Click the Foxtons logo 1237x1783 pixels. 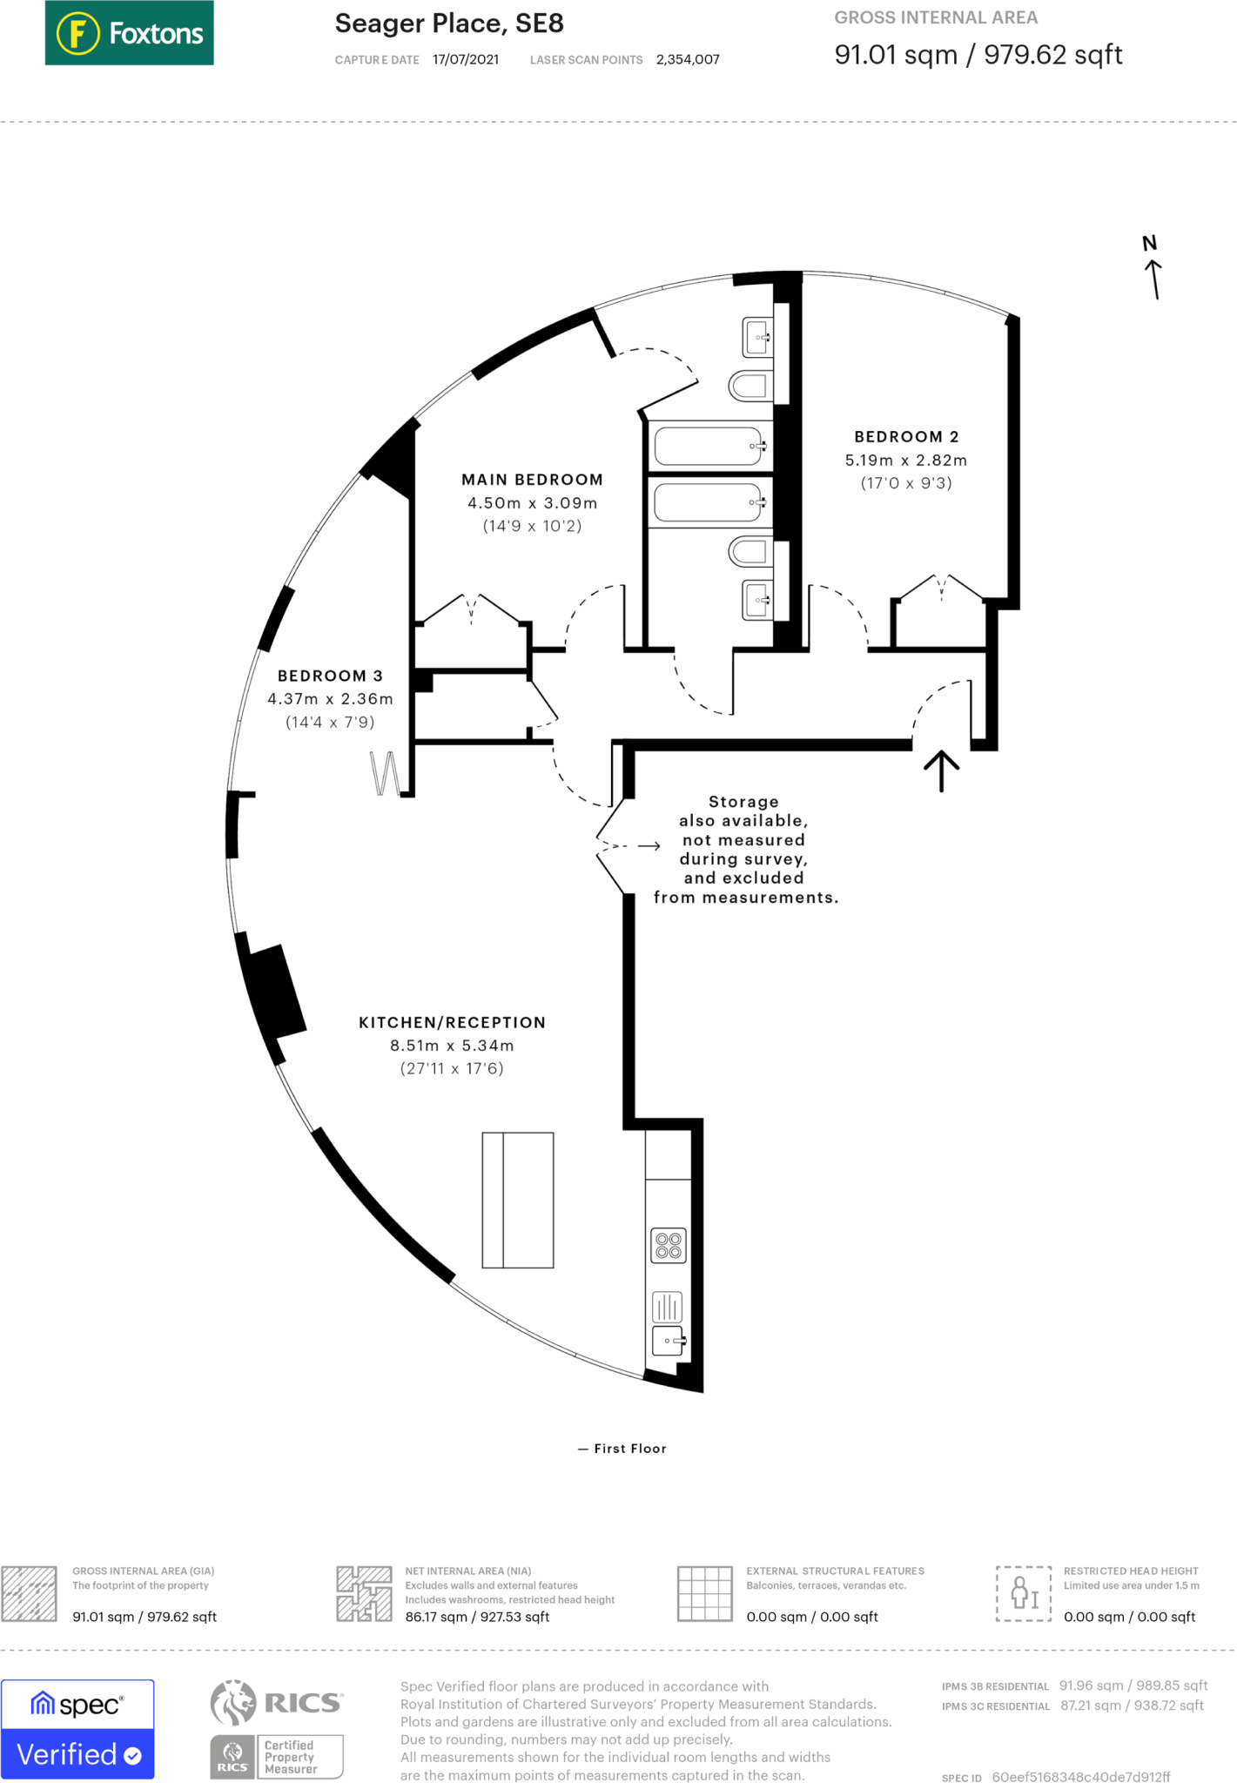pyautogui.click(x=129, y=33)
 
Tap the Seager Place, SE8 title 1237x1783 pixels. pyautogui.click(x=449, y=24)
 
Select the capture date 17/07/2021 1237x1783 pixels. pyautogui.click(x=466, y=60)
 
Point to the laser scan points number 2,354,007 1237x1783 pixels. pyautogui.click(x=688, y=60)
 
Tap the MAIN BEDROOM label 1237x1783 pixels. pyautogui.click(x=532, y=480)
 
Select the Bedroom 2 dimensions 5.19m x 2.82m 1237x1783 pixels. pyautogui.click(x=905, y=461)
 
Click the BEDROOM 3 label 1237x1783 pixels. pyautogui.click(x=330, y=676)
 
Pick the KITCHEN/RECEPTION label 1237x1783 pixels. pyautogui.click(x=452, y=1022)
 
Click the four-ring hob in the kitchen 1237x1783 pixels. pyautogui.click(x=669, y=1245)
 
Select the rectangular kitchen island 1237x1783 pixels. pyautogui.click(x=518, y=1200)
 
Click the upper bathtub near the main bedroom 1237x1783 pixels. pyautogui.click(x=709, y=447)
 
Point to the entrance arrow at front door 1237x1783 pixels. pyautogui.click(x=941, y=770)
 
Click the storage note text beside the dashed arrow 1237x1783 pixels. pyautogui.click(x=745, y=849)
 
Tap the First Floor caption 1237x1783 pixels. pyautogui.click(x=622, y=1449)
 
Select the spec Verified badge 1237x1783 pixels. pyautogui.click(x=77, y=1729)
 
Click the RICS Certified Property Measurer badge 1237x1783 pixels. pyautogui.click(x=277, y=1729)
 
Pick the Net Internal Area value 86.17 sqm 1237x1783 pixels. pyautogui.click(x=477, y=1617)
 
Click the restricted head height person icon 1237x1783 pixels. pyautogui.click(x=1024, y=1593)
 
